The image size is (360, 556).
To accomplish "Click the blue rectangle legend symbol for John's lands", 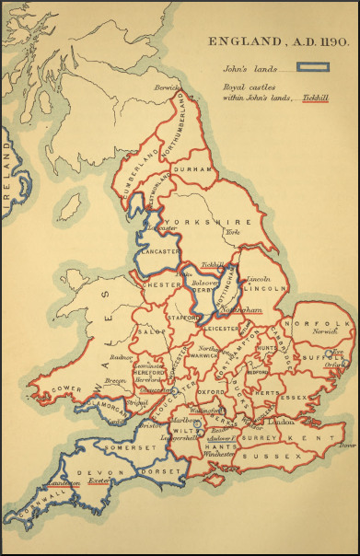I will (312, 67).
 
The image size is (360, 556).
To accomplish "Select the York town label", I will (232, 233).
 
